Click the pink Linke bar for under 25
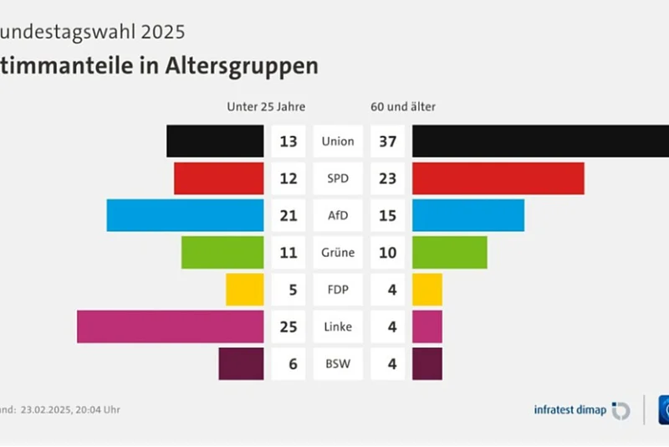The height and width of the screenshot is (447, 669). pyautogui.click(x=171, y=326)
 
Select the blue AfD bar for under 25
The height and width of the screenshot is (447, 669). pyautogui.click(x=186, y=215)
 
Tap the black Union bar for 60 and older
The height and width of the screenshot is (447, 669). pyautogui.click(x=540, y=141)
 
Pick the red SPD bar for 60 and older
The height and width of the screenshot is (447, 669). pyautogui.click(x=498, y=178)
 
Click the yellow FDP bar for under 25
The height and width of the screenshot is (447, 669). pyautogui.click(x=245, y=290)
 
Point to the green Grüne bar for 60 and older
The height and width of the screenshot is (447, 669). pyautogui.click(x=450, y=252)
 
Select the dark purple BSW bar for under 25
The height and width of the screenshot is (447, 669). pyautogui.click(x=241, y=364)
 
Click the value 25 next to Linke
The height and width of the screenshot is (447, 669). pyautogui.click(x=289, y=326)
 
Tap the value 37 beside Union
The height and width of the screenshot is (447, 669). pyautogui.click(x=387, y=141)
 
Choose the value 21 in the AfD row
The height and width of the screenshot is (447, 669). pyautogui.click(x=289, y=215)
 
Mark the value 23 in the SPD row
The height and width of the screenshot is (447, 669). pyautogui.click(x=387, y=178)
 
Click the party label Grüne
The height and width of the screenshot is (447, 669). pyautogui.click(x=338, y=252)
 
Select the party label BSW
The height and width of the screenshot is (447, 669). pyautogui.click(x=338, y=364)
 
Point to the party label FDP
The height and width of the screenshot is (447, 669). pyautogui.click(x=338, y=290)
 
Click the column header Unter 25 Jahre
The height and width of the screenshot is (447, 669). pyautogui.click(x=266, y=106)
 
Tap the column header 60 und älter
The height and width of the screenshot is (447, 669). pyautogui.click(x=403, y=106)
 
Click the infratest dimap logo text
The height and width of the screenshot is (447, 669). pyautogui.click(x=569, y=410)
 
